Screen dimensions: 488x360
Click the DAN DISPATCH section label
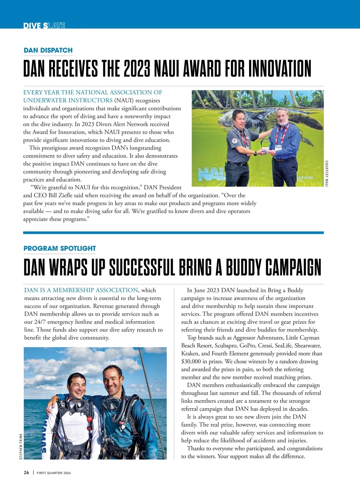[x=48, y=50]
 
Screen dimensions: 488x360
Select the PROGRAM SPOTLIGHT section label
[x=60, y=248]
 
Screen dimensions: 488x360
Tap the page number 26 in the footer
[x=26, y=472]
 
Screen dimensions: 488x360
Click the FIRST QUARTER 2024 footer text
[x=54, y=473]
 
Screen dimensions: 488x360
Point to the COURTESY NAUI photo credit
[x=327, y=173]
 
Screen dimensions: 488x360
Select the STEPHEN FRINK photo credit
[x=21, y=446]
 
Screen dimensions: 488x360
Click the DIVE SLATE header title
[x=44, y=26]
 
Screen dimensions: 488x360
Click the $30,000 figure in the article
[x=191, y=361]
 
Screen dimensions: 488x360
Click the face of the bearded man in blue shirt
[x=283, y=118]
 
